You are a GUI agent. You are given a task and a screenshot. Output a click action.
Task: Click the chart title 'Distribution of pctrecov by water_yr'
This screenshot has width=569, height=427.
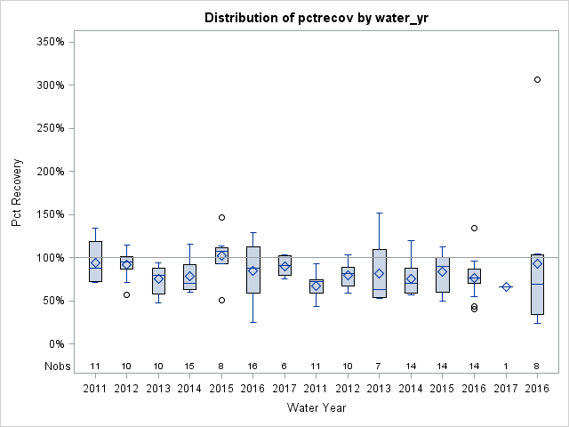[317, 18]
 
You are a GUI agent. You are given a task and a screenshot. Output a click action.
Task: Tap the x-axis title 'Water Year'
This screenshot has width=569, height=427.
[317, 407]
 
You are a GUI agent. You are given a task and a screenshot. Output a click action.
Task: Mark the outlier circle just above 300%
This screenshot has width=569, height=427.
[537, 79]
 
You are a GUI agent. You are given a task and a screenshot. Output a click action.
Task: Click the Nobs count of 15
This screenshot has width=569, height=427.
[190, 366]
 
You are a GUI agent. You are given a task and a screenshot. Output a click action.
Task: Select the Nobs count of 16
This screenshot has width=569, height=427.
[253, 366]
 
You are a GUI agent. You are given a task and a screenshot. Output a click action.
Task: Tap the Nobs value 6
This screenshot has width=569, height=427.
[284, 366]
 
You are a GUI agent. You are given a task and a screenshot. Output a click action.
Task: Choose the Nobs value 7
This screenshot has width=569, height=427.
[380, 366]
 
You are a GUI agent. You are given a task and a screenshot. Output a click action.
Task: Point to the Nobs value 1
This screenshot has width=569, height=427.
[506, 366]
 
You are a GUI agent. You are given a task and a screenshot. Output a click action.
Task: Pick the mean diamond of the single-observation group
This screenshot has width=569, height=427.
[506, 286]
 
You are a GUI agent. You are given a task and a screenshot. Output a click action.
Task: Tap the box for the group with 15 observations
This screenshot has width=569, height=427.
[190, 277]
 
